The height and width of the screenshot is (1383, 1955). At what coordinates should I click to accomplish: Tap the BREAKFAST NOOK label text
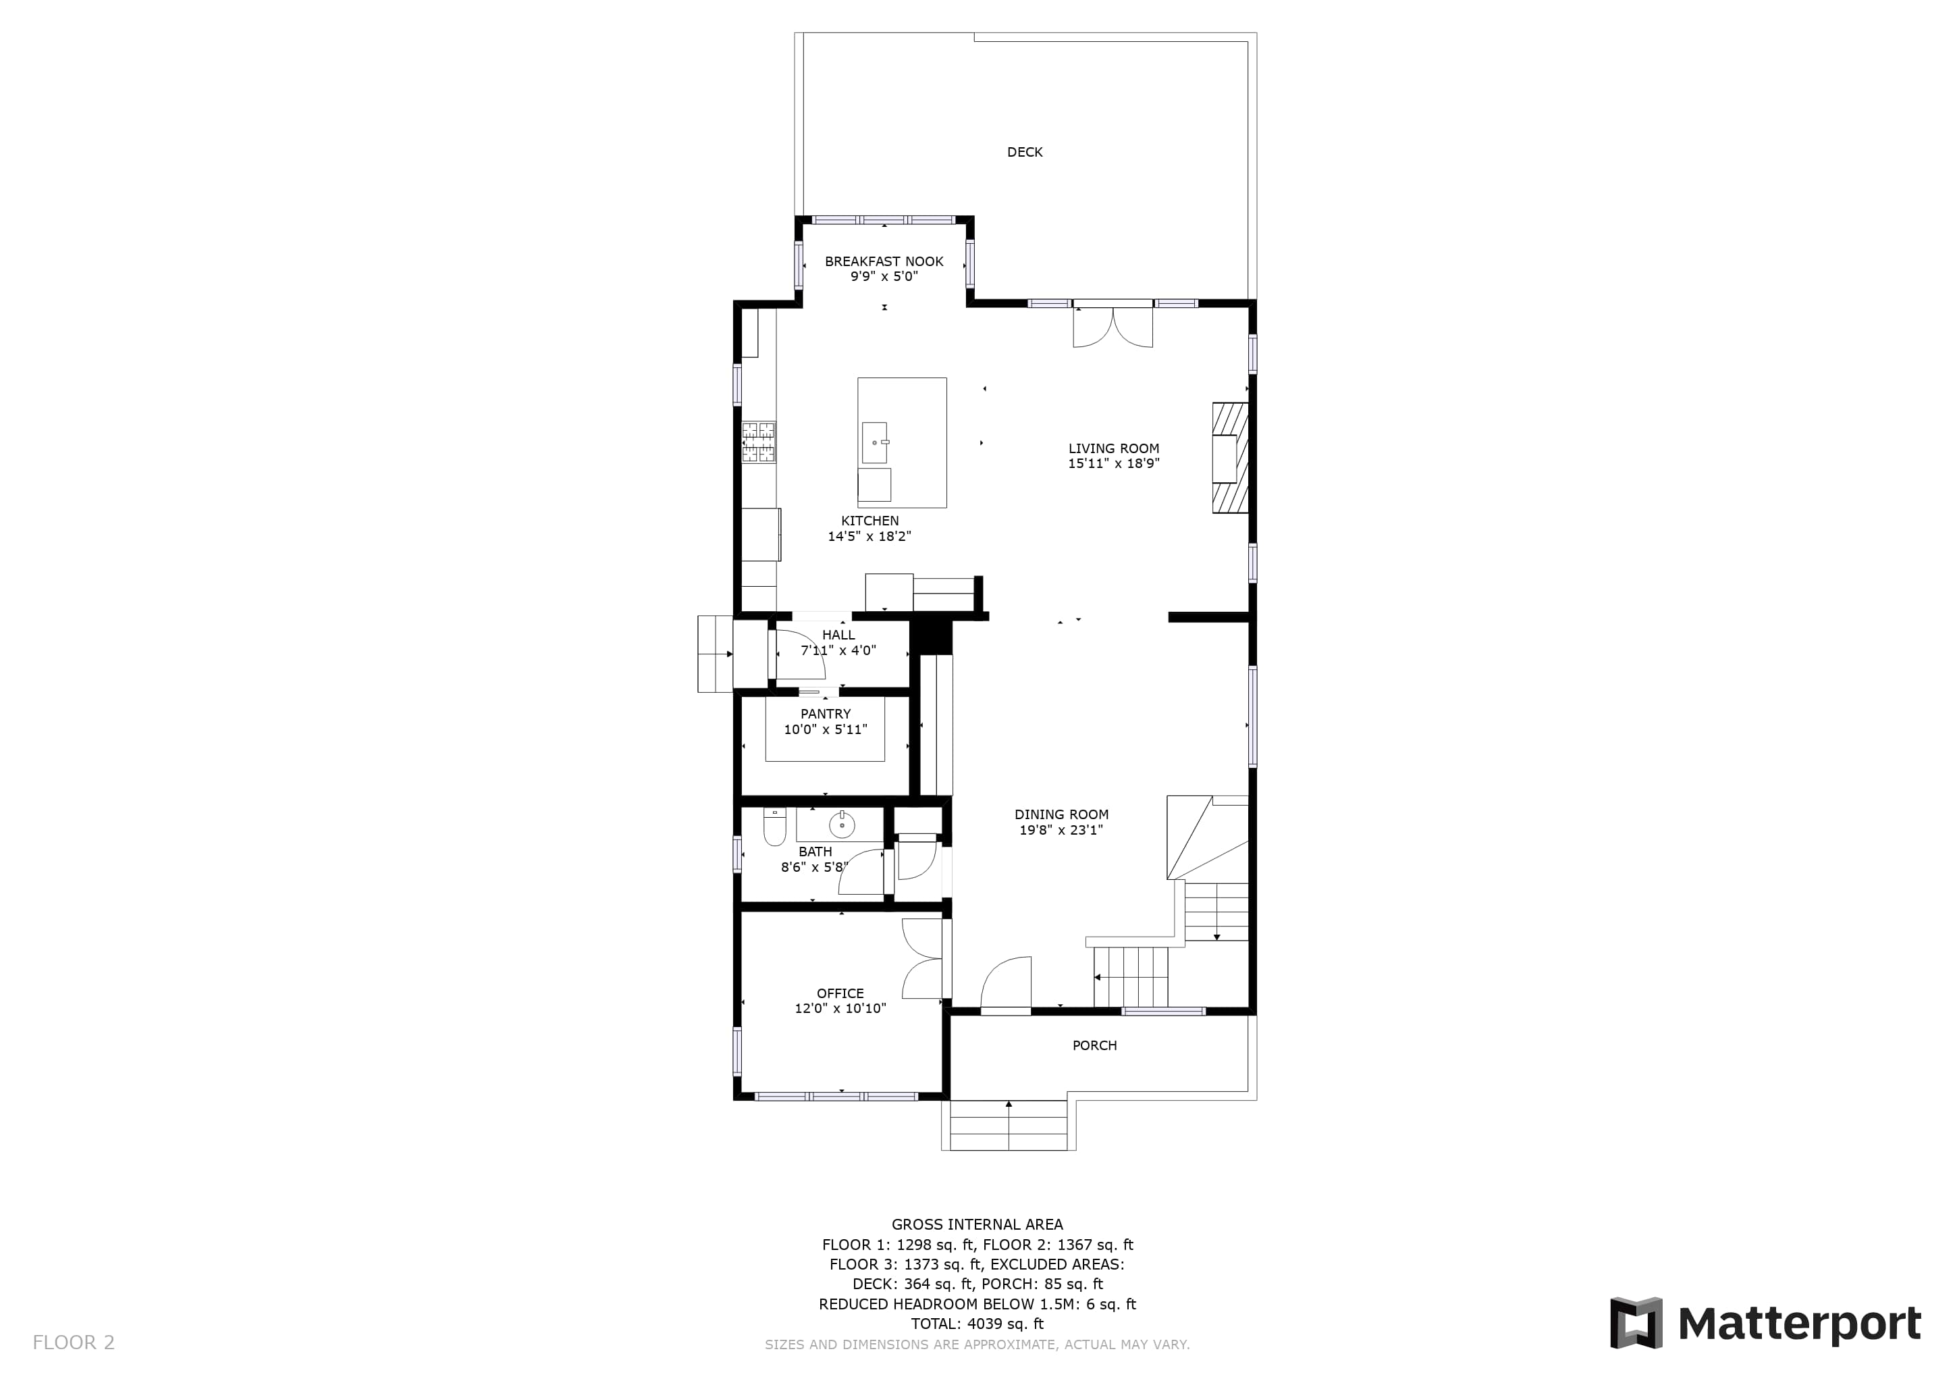[884, 261]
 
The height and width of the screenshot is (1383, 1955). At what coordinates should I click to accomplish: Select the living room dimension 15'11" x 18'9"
[1114, 464]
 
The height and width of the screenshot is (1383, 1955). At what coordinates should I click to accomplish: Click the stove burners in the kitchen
[759, 443]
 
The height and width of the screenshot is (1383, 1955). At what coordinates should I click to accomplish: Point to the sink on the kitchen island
[874, 443]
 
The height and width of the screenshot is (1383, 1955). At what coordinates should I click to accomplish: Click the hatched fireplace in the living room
[1231, 457]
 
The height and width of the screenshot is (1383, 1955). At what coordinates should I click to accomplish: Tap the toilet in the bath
[774, 827]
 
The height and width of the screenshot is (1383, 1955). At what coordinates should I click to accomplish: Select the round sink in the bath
[841, 825]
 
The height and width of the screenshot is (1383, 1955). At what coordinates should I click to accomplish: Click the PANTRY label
[825, 714]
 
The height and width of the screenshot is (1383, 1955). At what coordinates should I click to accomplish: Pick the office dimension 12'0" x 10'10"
[840, 1009]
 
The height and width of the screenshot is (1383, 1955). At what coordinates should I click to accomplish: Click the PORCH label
[1094, 1046]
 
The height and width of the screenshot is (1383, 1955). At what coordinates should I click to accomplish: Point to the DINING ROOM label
[1061, 815]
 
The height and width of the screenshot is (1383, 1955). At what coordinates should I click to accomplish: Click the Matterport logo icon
[1636, 1324]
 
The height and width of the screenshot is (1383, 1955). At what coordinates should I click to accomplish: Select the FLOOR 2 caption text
[73, 1343]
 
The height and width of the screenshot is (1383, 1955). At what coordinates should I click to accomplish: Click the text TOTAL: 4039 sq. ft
[977, 1324]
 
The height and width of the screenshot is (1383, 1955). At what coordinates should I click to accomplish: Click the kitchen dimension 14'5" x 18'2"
[869, 536]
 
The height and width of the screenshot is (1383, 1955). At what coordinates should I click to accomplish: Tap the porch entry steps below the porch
[1008, 1125]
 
